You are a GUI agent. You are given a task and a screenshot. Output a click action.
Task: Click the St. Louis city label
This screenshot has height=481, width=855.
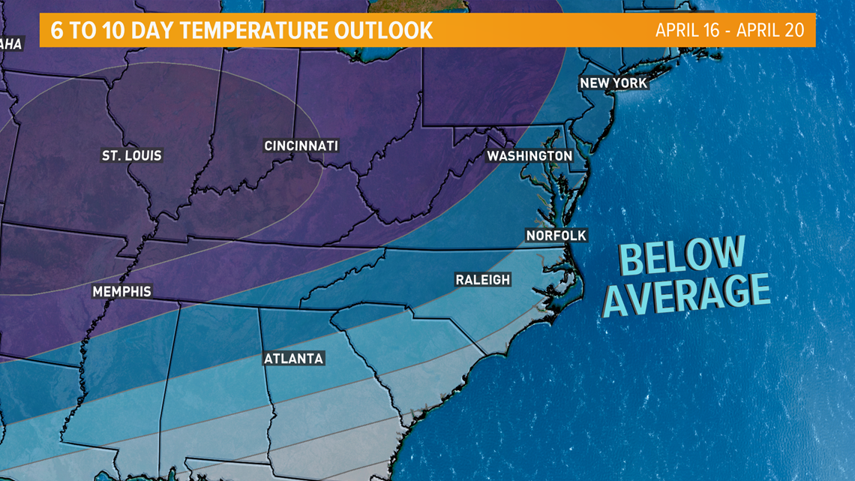[132, 156]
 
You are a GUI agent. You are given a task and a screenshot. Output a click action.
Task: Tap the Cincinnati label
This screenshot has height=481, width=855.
[301, 146]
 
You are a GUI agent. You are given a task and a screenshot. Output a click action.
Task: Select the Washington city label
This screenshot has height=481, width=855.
[529, 155]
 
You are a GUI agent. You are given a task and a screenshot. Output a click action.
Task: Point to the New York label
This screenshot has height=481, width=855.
[613, 83]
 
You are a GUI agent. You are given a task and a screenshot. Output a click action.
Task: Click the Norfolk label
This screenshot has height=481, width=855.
[556, 236]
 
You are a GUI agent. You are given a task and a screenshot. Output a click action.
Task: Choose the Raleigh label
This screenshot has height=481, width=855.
[483, 280]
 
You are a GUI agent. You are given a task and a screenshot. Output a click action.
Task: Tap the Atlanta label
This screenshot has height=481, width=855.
[293, 359]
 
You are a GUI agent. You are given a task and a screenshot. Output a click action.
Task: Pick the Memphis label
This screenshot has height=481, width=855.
[121, 291]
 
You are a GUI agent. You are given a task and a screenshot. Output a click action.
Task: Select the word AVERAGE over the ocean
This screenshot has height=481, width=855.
[687, 294]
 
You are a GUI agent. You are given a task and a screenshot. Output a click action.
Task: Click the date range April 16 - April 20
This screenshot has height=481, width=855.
[729, 30]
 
